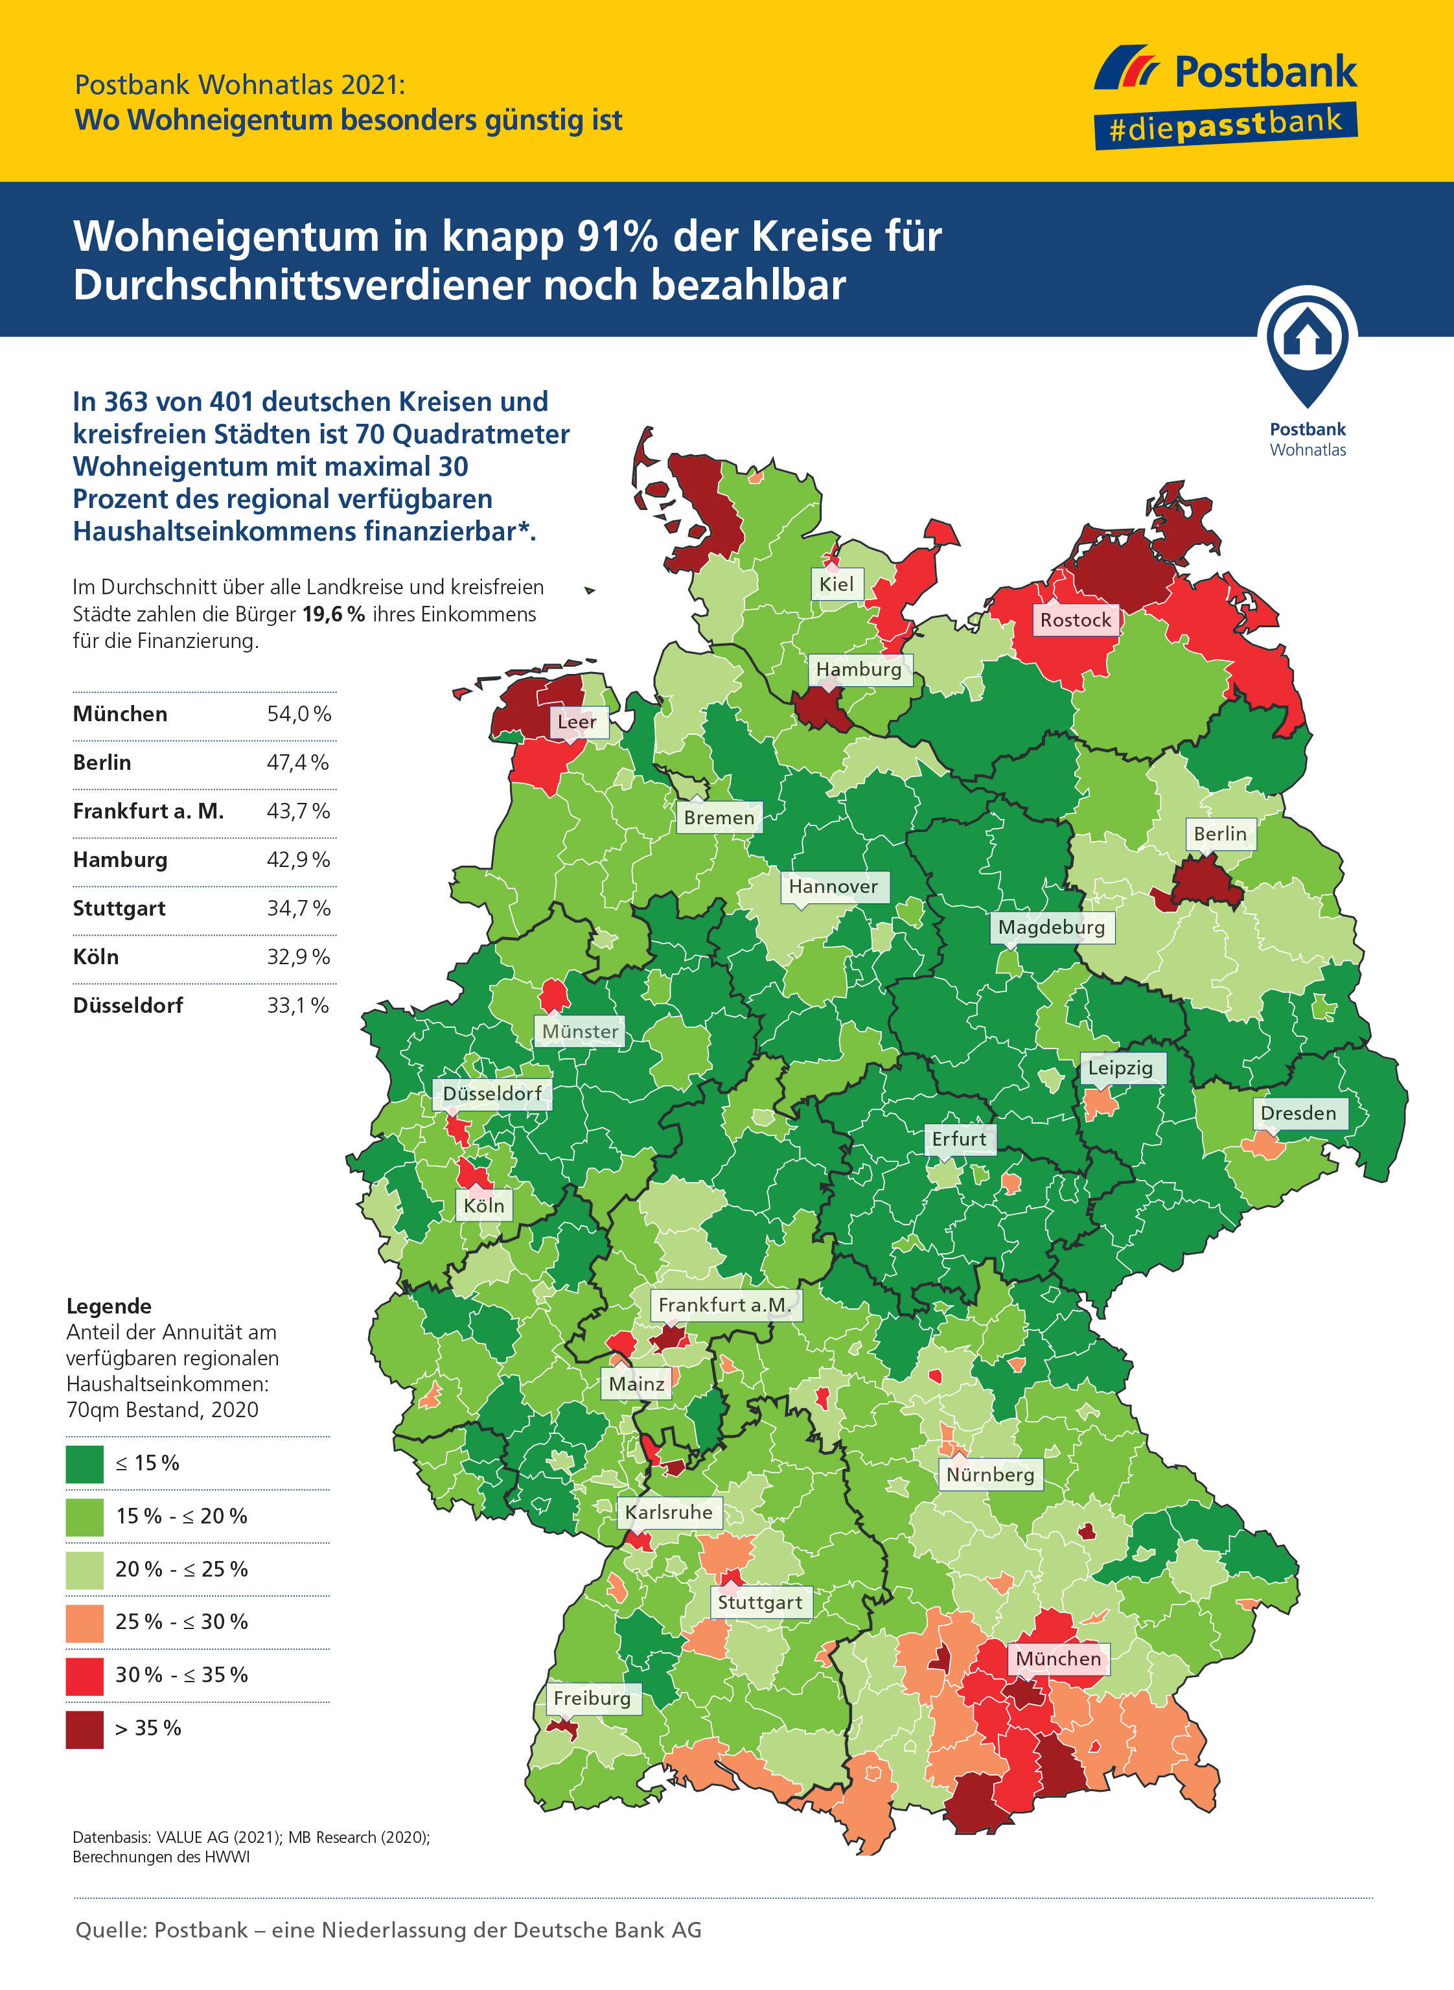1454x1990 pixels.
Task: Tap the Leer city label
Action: (x=577, y=722)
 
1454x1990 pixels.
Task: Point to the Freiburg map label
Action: (x=592, y=1698)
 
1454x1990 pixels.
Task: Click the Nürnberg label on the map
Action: (x=990, y=1474)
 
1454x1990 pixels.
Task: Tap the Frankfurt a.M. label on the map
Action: (x=725, y=1304)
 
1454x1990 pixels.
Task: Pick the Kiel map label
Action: (x=836, y=584)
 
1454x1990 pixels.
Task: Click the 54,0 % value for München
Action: (x=299, y=714)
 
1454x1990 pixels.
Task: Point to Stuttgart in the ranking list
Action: (x=119, y=908)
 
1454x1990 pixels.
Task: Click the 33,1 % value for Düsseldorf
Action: (x=298, y=1005)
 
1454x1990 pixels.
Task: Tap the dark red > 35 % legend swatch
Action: (x=84, y=1729)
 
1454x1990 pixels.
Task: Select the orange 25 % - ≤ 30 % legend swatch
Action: (x=84, y=1622)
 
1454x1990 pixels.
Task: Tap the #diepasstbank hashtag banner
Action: (x=1225, y=125)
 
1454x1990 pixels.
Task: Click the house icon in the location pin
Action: (x=1307, y=334)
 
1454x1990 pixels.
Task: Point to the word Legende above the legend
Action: (x=109, y=1306)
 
